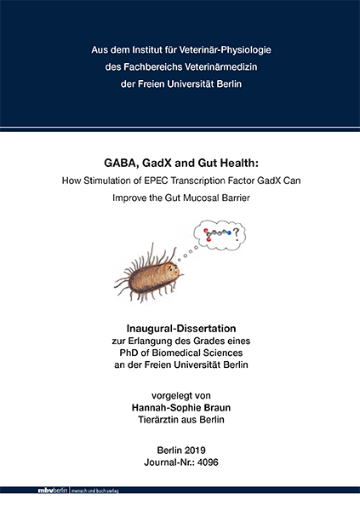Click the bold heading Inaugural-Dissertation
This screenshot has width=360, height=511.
click(x=180, y=328)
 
